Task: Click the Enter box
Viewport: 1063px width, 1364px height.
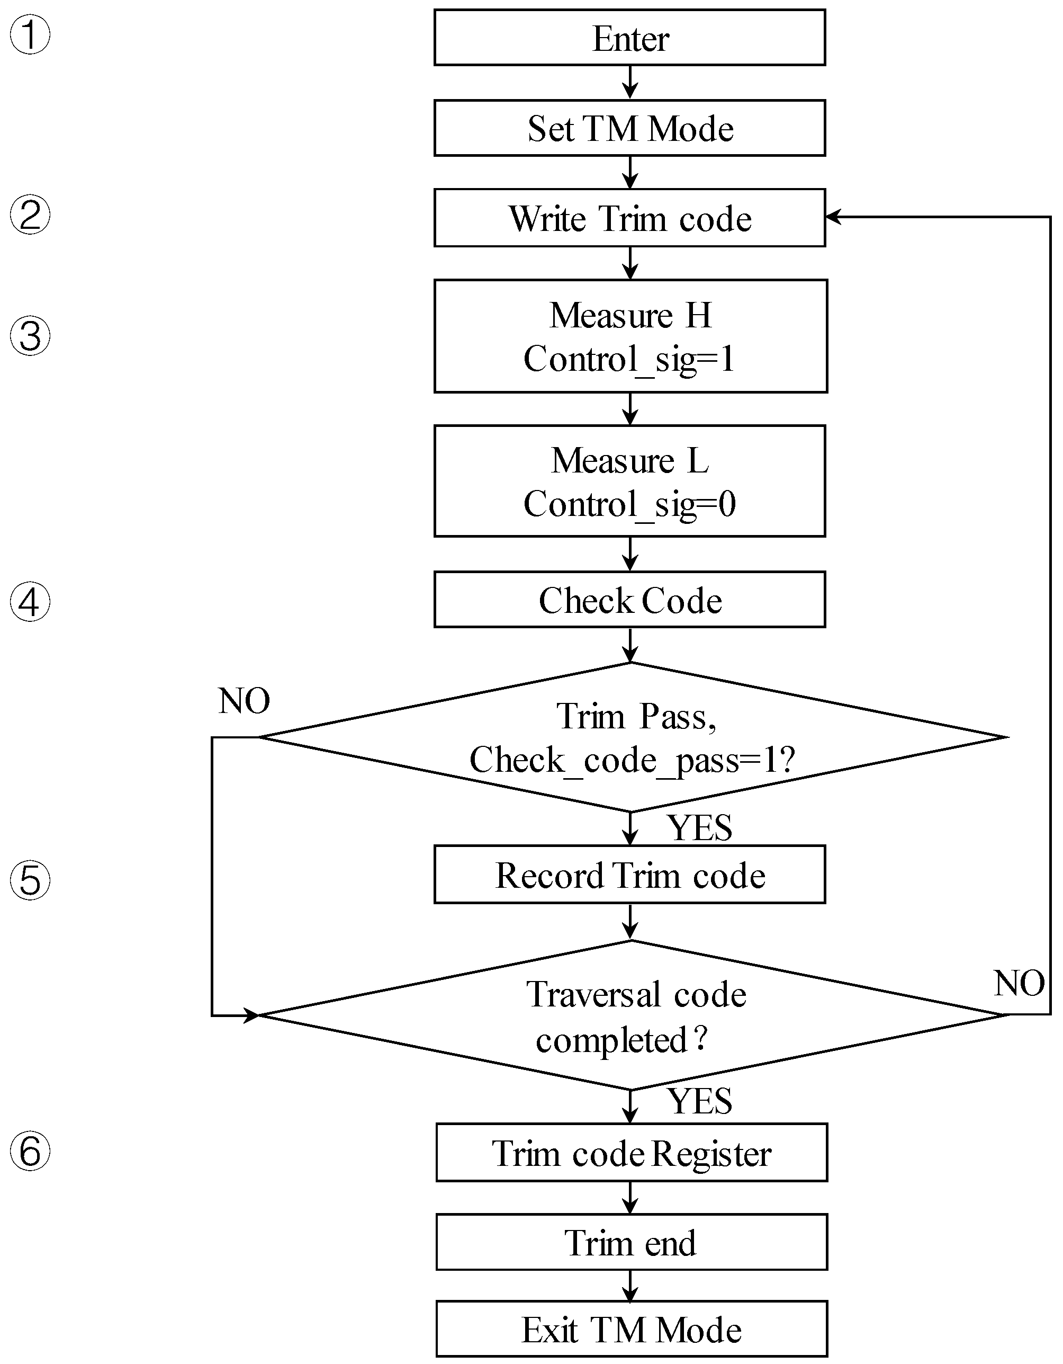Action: click(630, 38)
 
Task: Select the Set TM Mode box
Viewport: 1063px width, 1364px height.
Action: click(630, 128)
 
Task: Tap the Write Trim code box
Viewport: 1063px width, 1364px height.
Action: click(630, 218)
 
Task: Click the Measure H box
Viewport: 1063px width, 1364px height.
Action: click(630, 336)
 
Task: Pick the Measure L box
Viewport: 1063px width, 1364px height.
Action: click(630, 481)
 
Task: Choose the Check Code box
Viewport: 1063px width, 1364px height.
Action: click(630, 600)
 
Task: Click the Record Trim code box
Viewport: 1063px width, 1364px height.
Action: click(630, 875)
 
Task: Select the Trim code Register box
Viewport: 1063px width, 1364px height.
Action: click(631, 1153)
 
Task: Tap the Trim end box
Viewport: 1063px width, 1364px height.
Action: click(631, 1242)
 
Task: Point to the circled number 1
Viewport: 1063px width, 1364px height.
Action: click(30, 35)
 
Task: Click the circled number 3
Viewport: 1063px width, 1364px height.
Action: click(30, 336)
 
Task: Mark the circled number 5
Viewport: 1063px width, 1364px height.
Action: click(30, 880)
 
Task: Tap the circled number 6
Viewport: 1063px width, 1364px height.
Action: click(30, 1151)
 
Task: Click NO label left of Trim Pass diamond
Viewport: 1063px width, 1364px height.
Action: click(244, 701)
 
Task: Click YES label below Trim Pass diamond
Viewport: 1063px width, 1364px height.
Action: click(700, 828)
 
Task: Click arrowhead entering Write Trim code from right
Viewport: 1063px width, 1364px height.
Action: click(833, 217)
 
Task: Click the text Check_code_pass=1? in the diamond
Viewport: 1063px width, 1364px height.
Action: click(632, 760)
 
